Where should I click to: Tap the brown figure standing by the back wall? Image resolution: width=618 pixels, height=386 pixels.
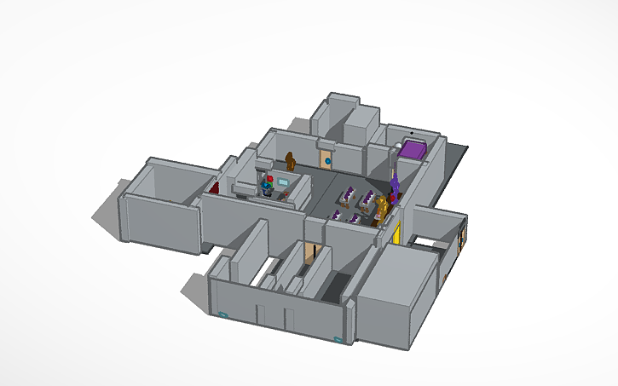pyautogui.click(x=292, y=159)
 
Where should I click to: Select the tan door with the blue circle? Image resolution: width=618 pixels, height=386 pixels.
pyautogui.click(x=326, y=158)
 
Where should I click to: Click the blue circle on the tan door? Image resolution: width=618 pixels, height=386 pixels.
pyautogui.click(x=326, y=158)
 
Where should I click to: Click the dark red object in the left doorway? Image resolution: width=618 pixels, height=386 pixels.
pyautogui.click(x=216, y=187)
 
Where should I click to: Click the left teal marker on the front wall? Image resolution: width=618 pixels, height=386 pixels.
pyautogui.click(x=224, y=314)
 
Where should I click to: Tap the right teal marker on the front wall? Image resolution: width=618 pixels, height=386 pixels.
pyautogui.click(x=338, y=339)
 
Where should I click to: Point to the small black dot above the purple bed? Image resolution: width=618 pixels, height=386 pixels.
pyautogui.click(x=413, y=134)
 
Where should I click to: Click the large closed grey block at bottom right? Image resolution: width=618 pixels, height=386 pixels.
pyautogui.click(x=394, y=290)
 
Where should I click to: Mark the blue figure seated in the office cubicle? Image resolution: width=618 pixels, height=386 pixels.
pyautogui.click(x=269, y=189)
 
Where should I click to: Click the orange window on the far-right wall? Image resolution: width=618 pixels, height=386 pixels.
pyautogui.click(x=462, y=239)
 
